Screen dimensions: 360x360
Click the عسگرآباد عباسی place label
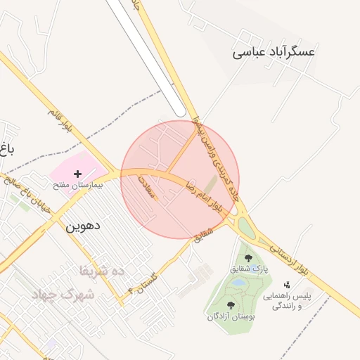click(274, 52)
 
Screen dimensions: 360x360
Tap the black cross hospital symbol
click(77, 173)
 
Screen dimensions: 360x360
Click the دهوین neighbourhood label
click(84, 227)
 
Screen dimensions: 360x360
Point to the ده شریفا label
click(101, 270)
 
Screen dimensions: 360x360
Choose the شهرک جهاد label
click(63, 295)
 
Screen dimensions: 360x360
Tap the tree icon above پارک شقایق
click(249, 257)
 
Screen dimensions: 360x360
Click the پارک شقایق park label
click(249, 269)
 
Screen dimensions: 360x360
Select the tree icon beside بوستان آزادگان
click(231, 305)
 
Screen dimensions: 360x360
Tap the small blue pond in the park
click(239, 283)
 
